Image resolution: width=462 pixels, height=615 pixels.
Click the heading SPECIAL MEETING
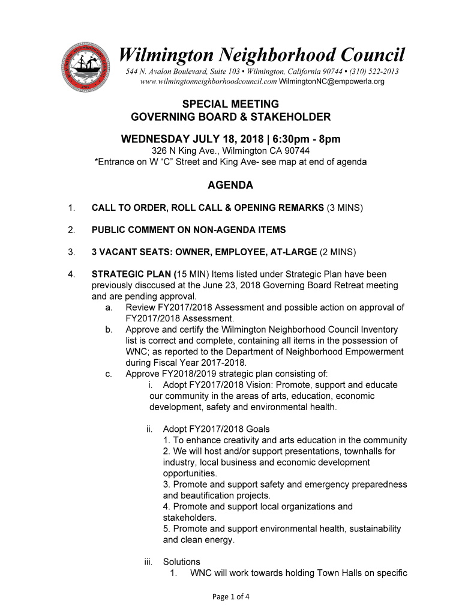230,104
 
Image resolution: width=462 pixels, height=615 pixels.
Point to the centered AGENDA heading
230,185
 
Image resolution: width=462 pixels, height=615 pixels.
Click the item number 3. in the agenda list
71,252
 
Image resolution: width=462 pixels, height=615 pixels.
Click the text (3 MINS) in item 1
345,208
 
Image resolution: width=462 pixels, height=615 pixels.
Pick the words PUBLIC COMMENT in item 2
134,230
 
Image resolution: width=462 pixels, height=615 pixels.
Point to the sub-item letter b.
108,330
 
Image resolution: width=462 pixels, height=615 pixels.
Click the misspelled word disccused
143,285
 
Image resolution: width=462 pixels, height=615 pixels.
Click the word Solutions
181,562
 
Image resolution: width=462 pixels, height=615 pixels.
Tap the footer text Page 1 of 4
231,596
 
